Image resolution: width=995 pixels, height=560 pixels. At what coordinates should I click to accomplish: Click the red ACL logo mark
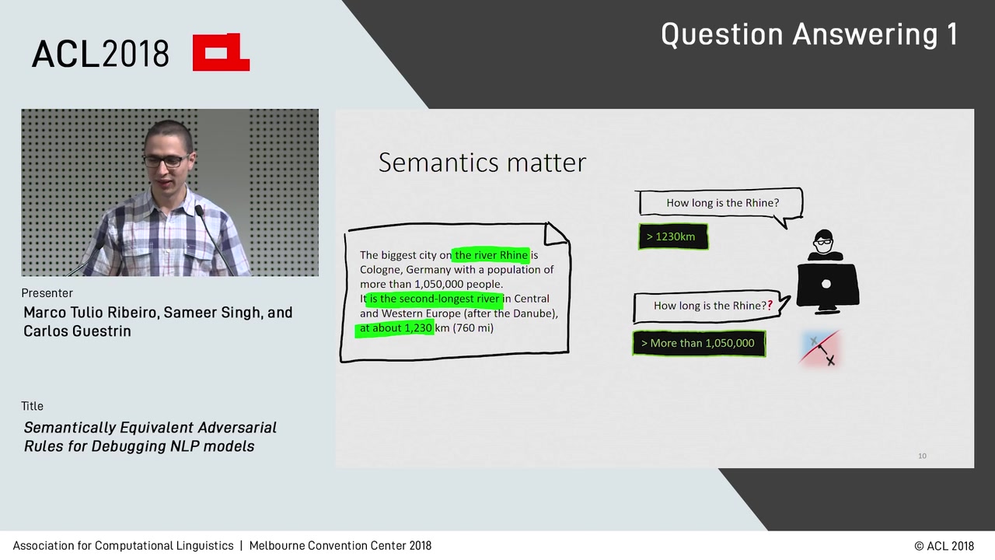[221, 52]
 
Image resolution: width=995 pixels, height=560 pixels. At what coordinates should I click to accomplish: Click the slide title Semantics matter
[482, 163]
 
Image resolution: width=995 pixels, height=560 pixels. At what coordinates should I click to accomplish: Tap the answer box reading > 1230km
[672, 236]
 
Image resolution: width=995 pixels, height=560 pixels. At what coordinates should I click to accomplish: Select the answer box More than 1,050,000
[699, 343]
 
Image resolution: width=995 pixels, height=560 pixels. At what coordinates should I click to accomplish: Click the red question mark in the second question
[770, 306]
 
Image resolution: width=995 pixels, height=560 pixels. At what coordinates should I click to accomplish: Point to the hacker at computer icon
[826, 272]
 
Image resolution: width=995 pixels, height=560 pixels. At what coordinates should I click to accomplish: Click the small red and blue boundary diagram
[821, 348]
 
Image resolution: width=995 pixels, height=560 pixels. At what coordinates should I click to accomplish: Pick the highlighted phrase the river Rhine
[491, 255]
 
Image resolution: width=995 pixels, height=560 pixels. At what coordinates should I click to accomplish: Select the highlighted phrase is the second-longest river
[434, 299]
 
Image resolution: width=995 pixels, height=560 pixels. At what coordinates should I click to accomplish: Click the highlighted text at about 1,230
[395, 328]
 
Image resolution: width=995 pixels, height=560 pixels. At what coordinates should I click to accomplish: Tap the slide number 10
[922, 456]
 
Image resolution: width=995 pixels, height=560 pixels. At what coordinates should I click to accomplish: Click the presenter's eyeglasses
[165, 161]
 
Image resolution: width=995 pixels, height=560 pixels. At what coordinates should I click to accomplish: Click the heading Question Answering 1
[808, 35]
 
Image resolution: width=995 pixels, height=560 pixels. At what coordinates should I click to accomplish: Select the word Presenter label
[47, 293]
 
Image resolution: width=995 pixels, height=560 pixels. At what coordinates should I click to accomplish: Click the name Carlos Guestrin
[77, 331]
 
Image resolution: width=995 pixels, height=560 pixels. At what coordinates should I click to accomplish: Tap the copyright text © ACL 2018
[944, 546]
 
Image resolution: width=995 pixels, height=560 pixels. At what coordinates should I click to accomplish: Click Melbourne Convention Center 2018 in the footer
[340, 546]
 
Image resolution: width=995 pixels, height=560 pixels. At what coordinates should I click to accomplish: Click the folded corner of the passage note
[557, 233]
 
